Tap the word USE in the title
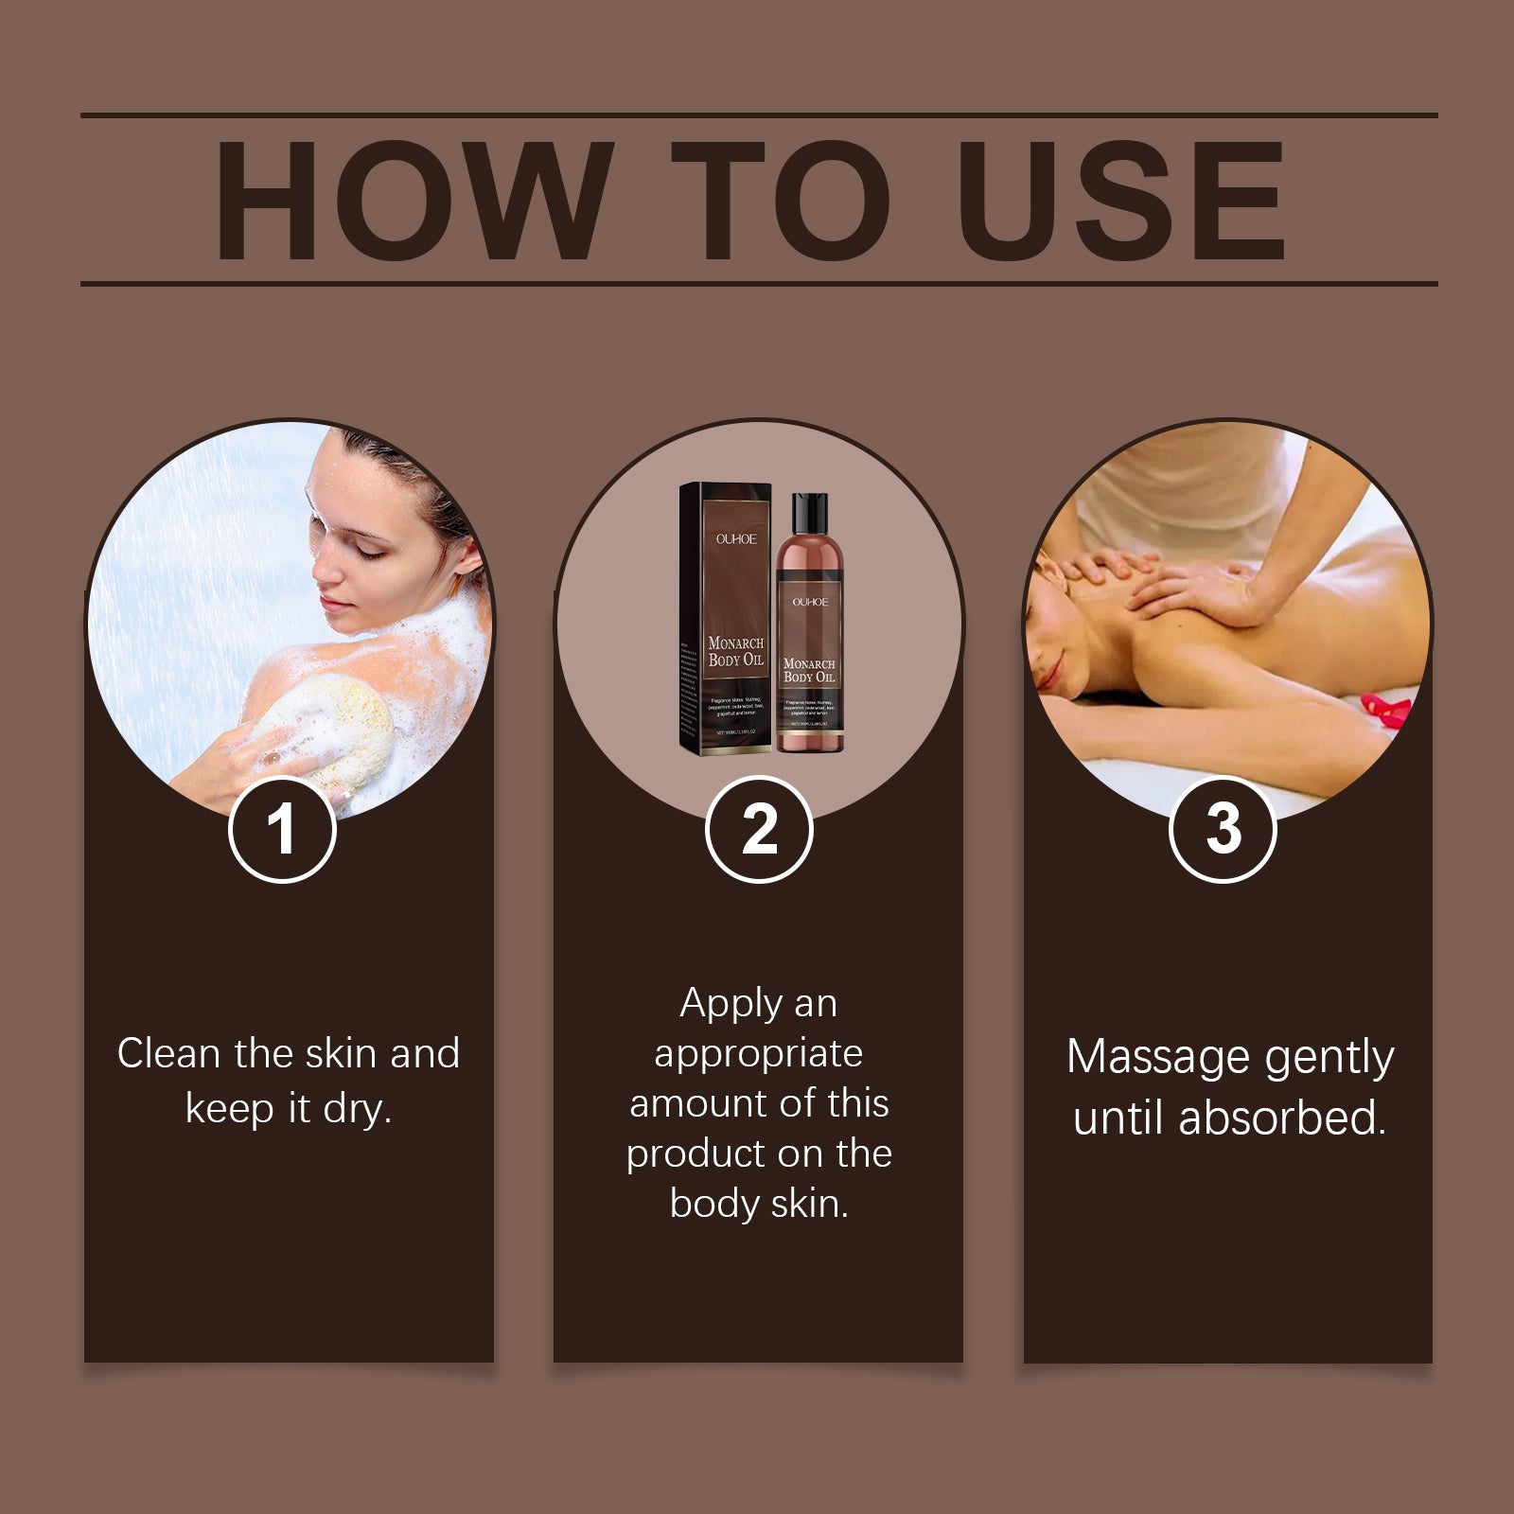coord(1121,201)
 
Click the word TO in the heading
coord(781,201)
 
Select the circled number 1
coord(282,830)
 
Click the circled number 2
coord(759,830)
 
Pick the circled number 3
coord(1223,830)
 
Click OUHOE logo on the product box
coord(735,538)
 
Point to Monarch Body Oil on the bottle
coord(809,670)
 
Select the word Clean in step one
coord(168,1053)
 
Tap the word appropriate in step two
coord(758,1053)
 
